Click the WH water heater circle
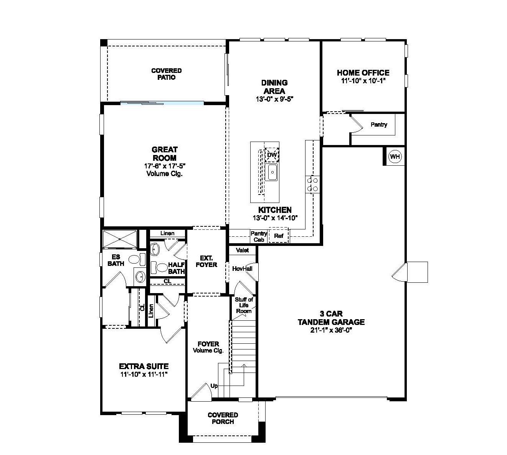(x=395, y=157)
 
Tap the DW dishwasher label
(x=272, y=155)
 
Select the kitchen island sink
(x=272, y=172)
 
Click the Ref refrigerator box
(x=279, y=236)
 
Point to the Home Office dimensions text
(x=363, y=81)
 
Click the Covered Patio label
(x=166, y=74)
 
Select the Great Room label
(x=164, y=154)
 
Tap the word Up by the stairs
(x=214, y=386)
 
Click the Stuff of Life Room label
(x=244, y=305)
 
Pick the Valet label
(x=242, y=250)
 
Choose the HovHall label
(x=242, y=269)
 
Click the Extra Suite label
(x=144, y=366)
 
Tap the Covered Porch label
(x=223, y=418)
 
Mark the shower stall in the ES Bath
(x=120, y=239)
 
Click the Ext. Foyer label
(x=206, y=262)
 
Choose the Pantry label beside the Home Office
(x=379, y=125)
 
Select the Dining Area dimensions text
(x=274, y=99)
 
